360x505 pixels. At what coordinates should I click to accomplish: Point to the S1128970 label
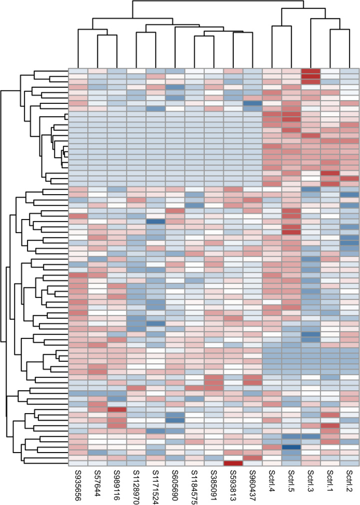click(136, 487)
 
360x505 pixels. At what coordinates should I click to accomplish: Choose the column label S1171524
click(156, 487)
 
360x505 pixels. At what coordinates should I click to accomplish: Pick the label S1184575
click(195, 487)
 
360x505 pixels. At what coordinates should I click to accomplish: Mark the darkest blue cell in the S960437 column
click(253, 104)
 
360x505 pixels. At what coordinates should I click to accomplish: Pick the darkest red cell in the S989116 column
click(117, 410)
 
